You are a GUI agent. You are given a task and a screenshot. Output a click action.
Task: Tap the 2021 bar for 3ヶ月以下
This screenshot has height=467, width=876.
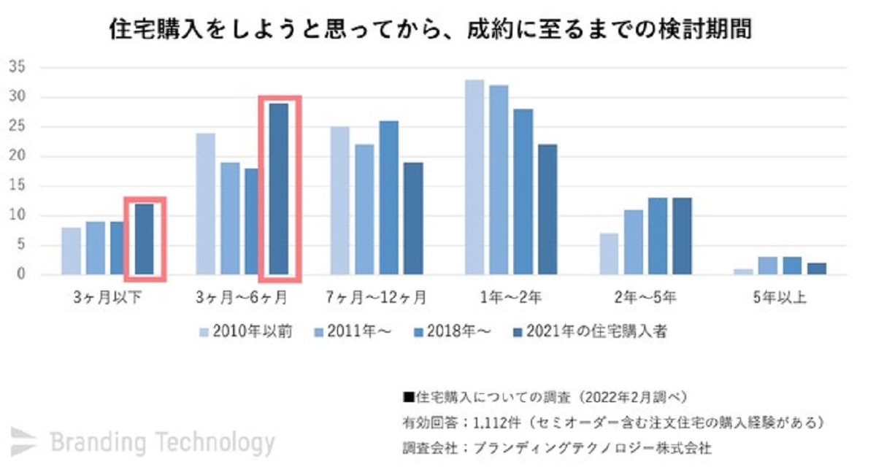pyautogui.click(x=145, y=239)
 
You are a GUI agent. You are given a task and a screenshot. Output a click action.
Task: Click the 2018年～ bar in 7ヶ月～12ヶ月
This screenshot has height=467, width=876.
pyautogui.click(x=388, y=198)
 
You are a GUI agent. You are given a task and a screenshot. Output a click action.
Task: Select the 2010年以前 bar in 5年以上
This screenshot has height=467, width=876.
pyautogui.click(x=742, y=271)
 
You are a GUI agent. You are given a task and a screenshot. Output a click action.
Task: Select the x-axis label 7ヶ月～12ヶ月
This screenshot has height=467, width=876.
pyautogui.click(x=375, y=298)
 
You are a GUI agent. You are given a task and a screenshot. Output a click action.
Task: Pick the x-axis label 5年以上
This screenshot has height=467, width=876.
pyautogui.click(x=780, y=298)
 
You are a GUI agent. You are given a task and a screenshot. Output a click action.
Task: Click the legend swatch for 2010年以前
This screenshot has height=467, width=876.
pyautogui.click(x=204, y=332)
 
